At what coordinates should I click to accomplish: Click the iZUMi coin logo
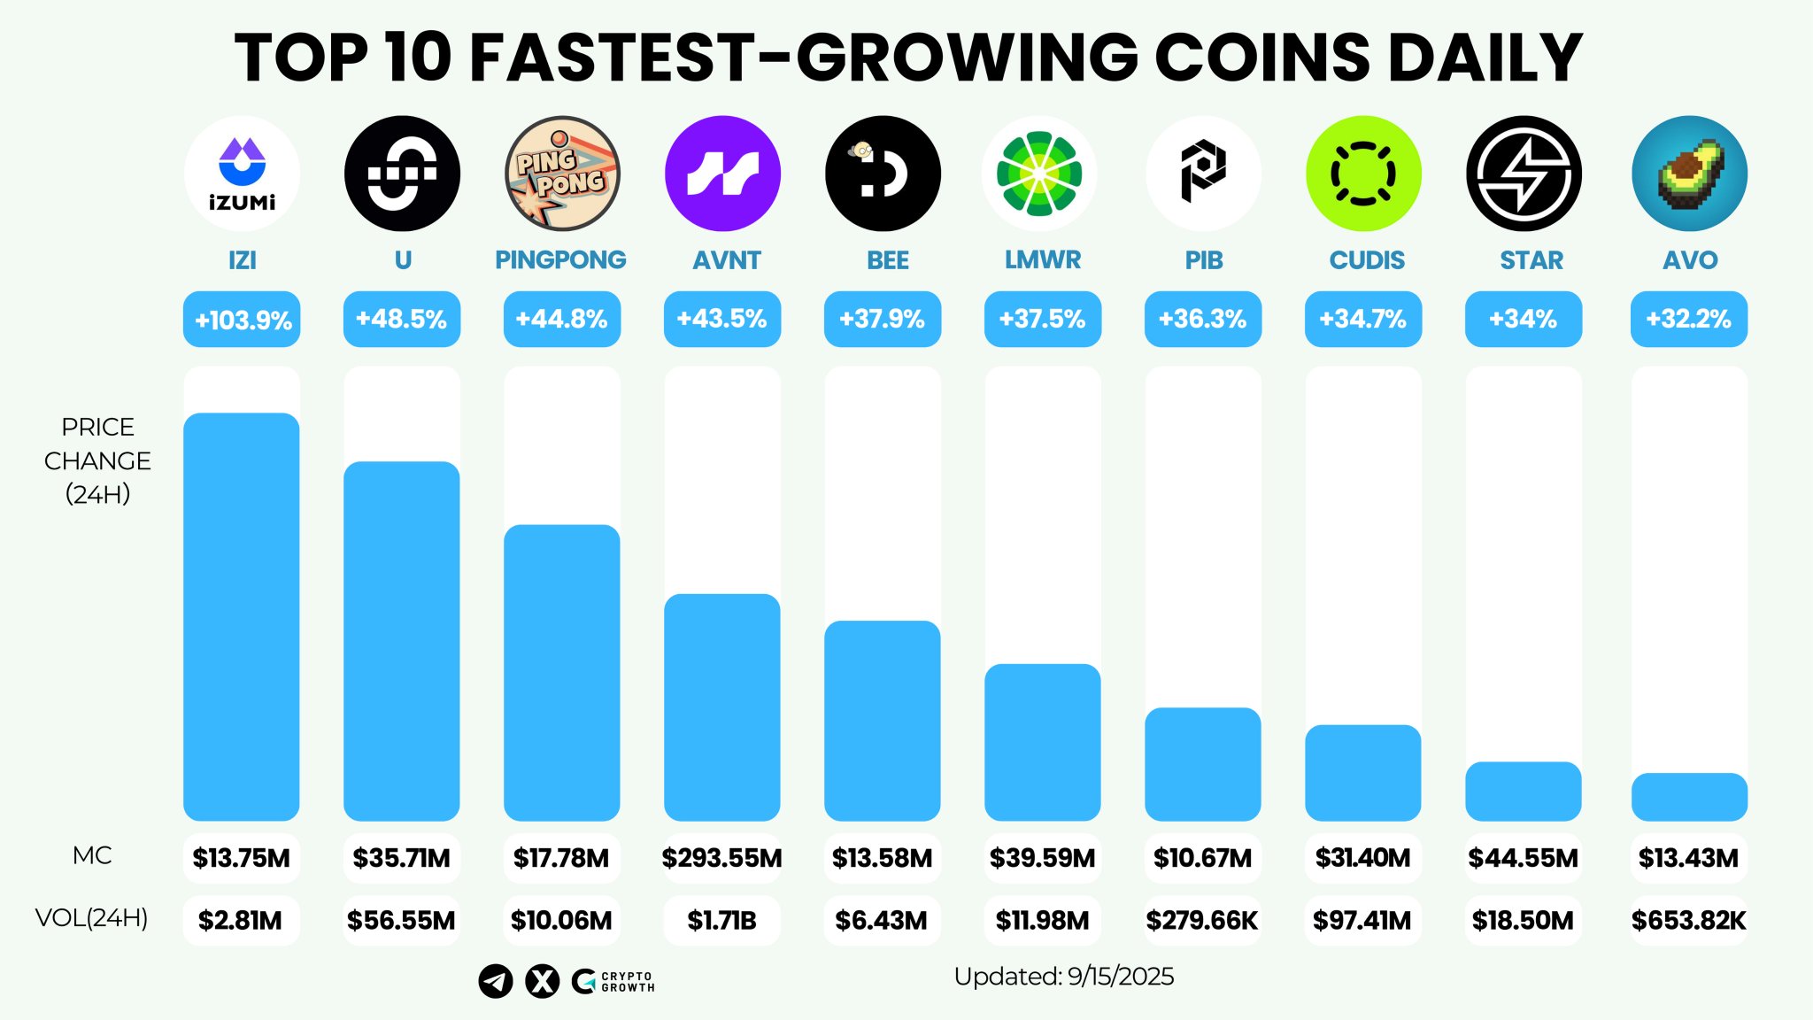pyautogui.click(x=242, y=174)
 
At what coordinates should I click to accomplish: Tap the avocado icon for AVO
pyautogui.click(x=1689, y=174)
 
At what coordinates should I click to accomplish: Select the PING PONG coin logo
pyautogui.click(x=562, y=174)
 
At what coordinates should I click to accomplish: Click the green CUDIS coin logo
pyautogui.click(x=1363, y=174)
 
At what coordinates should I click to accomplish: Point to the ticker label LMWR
pyautogui.click(x=1043, y=259)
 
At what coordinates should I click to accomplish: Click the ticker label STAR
pyautogui.click(x=1531, y=260)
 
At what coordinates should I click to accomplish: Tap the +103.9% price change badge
pyautogui.click(x=242, y=320)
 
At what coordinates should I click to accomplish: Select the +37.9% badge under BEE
pyautogui.click(x=883, y=320)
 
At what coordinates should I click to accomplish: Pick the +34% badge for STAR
pyautogui.click(x=1524, y=320)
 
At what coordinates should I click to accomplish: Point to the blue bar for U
pyautogui.click(x=402, y=641)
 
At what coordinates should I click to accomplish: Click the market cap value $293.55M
pyautogui.click(x=722, y=858)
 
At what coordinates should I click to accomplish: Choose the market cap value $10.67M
pyautogui.click(x=1203, y=858)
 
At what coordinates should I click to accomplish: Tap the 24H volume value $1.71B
pyautogui.click(x=722, y=921)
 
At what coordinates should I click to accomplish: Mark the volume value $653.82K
pyautogui.click(x=1689, y=921)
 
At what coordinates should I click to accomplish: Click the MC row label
pyautogui.click(x=92, y=855)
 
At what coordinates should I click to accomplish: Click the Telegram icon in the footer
pyautogui.click(x=496, y=981)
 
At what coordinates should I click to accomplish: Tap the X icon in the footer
pyautogui.click(x=542, y=981)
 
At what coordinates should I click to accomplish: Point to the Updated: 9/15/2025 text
pyautogui.click(x=1064, y=977)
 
